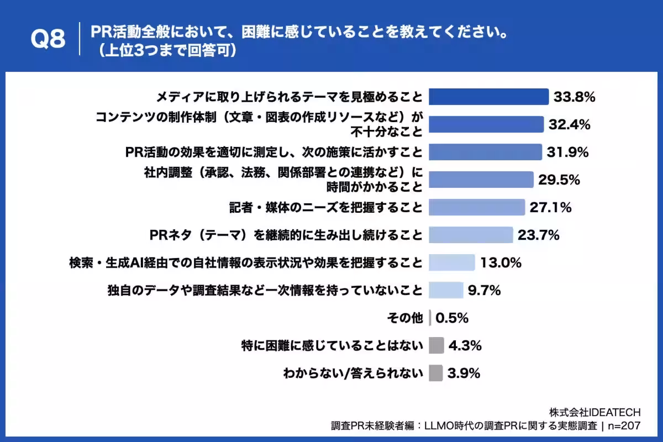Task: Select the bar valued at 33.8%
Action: coord(488,97)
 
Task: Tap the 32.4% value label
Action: coord(569,124)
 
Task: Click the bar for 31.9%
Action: coord(485,152)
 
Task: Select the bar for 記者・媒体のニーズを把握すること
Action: coord(476,207)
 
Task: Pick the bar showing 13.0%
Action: coord(451,262)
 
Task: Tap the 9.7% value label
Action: coord(484,290)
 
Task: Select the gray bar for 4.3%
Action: coord(436,345)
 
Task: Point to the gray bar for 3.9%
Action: coord(435,373)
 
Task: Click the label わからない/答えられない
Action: coord(353,373)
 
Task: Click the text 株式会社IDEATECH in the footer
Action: coord(594,412)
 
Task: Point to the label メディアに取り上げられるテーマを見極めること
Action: coord(289,97)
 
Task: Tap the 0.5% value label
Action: coord(452,318)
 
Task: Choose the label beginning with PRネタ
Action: coord(286,235)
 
